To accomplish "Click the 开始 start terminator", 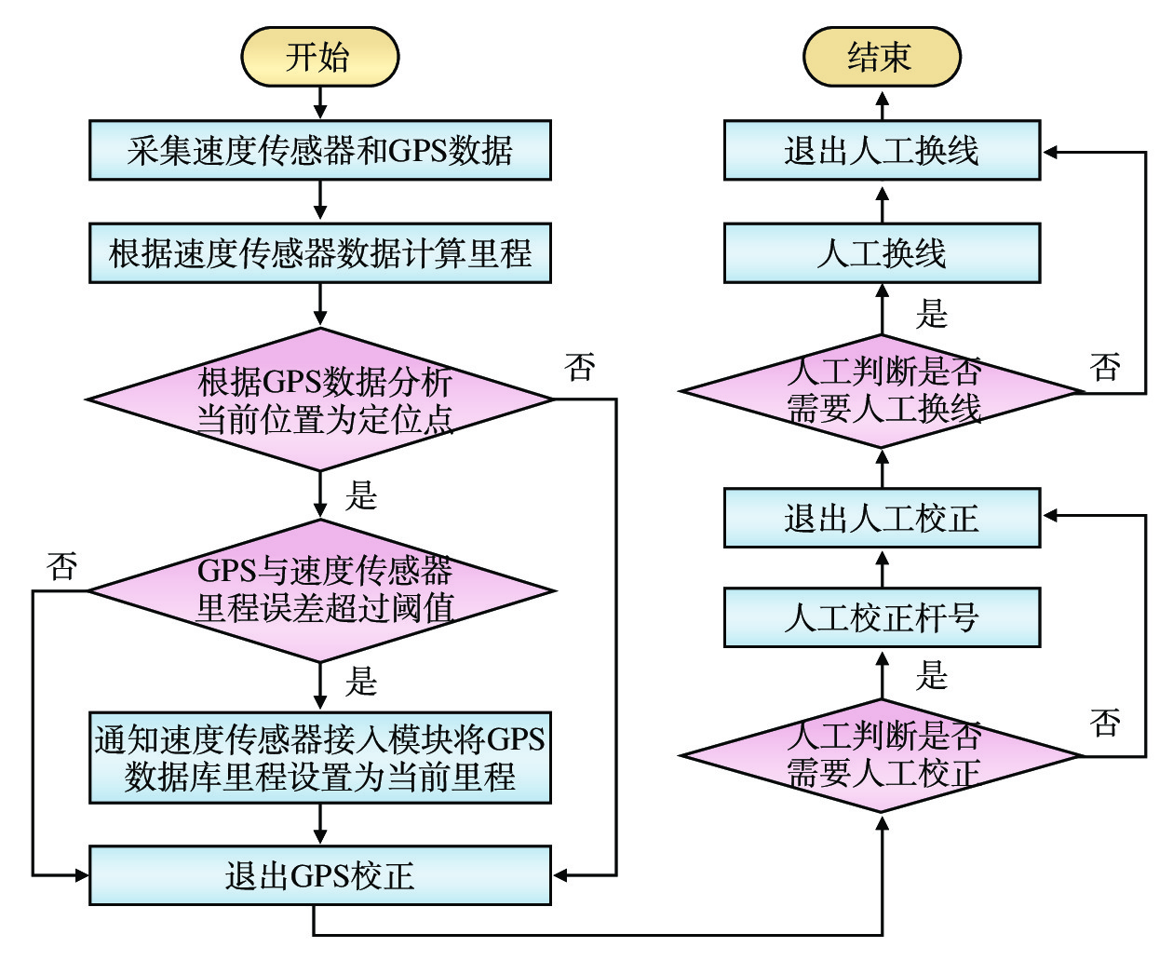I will pos(319,57).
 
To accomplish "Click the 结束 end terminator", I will pos(881,57).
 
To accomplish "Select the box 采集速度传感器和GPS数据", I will pos(319,150).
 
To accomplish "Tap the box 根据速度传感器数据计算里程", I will pos(319,252).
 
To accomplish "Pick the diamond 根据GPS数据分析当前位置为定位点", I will pos(319,399).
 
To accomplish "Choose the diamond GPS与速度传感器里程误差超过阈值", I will pos(319,589).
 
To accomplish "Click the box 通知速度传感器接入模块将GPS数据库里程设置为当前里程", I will pos(319,757).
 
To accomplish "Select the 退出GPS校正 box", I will pos(319,875).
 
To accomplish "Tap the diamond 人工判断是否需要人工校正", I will pos(881,755).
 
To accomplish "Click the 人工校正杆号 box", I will pos(881,617).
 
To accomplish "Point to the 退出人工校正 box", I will pos(881,518).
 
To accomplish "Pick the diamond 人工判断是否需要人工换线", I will pos(881,391).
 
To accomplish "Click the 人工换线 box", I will pos(881,252).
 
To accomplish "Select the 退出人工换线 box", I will pos(881,150).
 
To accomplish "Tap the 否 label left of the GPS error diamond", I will pos(62,565).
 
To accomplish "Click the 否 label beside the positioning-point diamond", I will pos(579,367).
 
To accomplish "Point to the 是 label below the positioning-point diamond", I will pos(360,495).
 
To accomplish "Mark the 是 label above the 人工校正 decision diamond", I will pos(931,674).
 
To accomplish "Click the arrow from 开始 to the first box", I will pos(319,103).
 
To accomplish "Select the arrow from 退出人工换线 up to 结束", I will pos(882,104).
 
